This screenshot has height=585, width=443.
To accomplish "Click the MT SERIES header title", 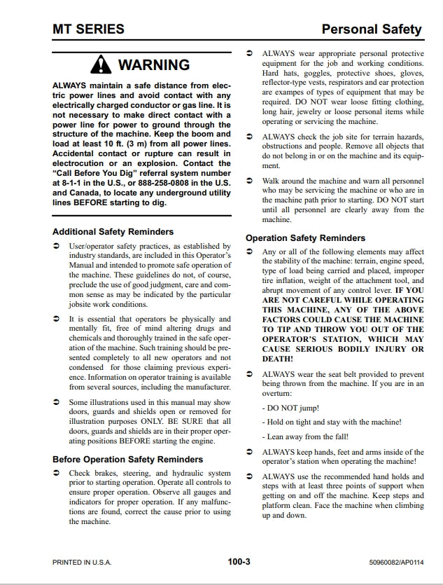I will pos(88,29).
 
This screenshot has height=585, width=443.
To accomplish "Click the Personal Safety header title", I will pos(371,29).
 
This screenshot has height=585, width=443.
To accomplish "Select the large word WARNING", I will pos(153,65).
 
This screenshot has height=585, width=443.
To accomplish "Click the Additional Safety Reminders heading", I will pos(113,231).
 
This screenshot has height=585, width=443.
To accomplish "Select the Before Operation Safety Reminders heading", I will pos(127,460).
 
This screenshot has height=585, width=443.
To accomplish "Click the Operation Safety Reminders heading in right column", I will pos(305,238).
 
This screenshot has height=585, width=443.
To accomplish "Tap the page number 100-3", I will pos(239,561).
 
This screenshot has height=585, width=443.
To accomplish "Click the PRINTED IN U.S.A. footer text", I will pos(82,562).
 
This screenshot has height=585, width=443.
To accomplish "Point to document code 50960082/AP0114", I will pos(395,562).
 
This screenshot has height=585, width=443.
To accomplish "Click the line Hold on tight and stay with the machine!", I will pos(331,422).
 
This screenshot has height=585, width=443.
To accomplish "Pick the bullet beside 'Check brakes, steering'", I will pos(57,474).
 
